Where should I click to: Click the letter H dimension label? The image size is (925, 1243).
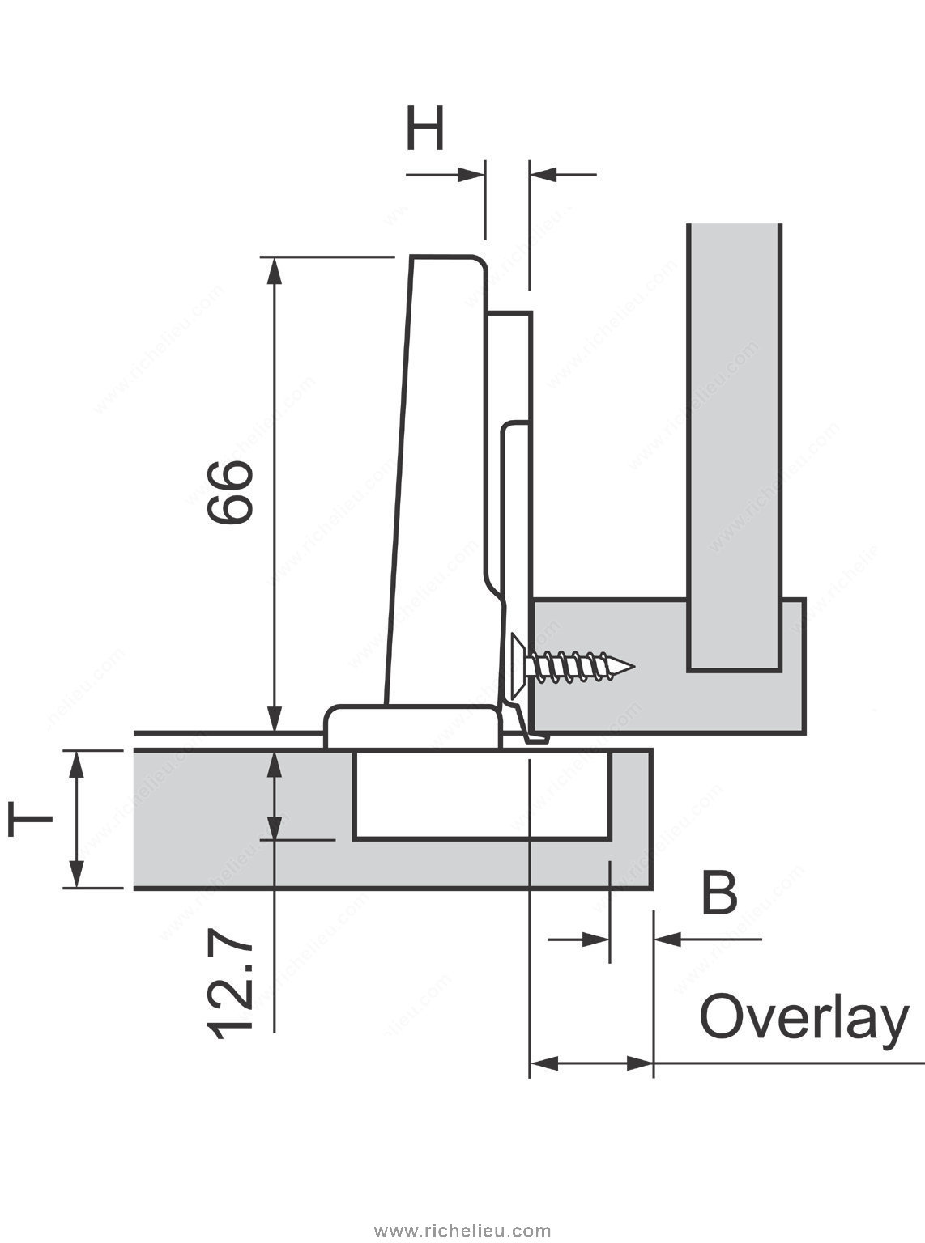pyautogui.click(x=425, y=130)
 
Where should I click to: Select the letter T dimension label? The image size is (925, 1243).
pyautogui.click(x=30, y=819)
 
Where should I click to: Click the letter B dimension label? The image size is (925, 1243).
pyautogui.click(x=718, y=893)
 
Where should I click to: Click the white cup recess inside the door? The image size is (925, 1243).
pyautogui.click(x=482, y=795)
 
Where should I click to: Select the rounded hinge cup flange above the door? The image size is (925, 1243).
pyautogui.click(x=411, y=725)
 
